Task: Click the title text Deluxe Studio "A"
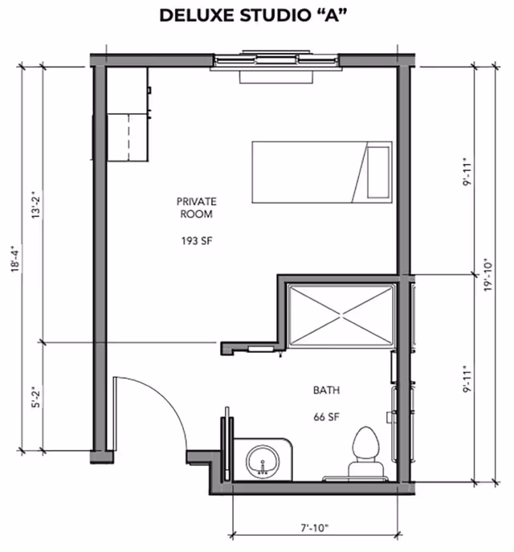[x=253, y=16]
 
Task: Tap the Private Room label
[x=196, y=208]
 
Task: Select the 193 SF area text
[x=197, y=241]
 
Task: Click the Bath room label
[x=327, y=390]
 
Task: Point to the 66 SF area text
[x=327, y=417]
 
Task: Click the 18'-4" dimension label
[x=15, y=259]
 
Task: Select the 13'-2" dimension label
[x=36, y=205]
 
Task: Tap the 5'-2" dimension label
[x=36, y=398]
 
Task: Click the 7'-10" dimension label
[x=315, y=528]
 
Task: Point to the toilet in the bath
[x=366, y=453]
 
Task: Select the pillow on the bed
[x=378, y=172]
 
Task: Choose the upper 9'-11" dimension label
[x=467, y=173]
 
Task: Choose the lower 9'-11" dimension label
[x=467, y=378]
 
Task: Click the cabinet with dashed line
[x=128, y=137]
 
